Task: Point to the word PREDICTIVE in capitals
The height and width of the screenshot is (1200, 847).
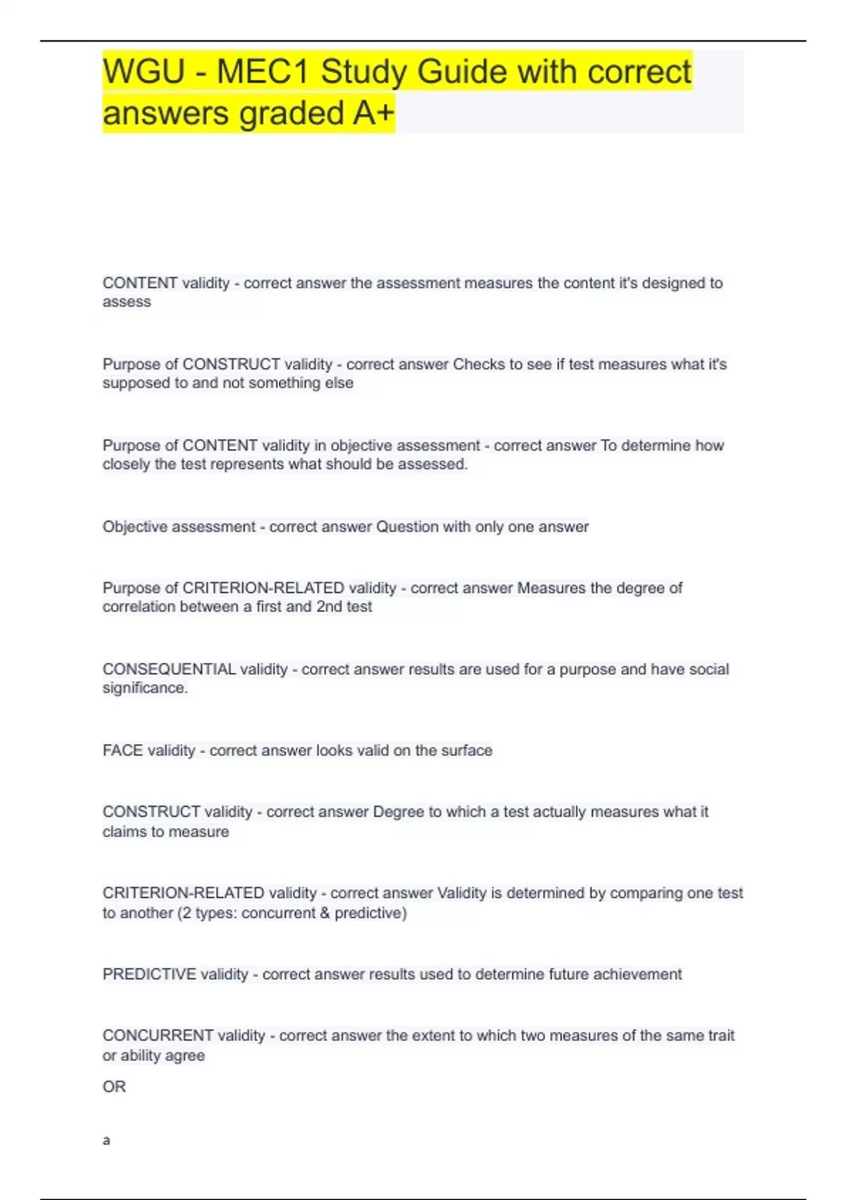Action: [149, 974]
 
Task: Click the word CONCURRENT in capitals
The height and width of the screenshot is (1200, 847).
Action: [157, 1036]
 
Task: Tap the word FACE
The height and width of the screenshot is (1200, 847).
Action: [123, 750]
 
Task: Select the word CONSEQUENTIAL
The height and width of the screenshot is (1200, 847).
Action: [169, 669]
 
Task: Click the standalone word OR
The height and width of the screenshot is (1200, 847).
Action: [114, 1086]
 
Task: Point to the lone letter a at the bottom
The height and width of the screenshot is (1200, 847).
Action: [107, 1140]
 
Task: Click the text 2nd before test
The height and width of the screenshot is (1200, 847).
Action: [329, 606]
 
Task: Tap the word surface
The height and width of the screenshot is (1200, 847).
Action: [467, 750]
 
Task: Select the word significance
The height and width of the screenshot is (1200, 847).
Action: [145, 688]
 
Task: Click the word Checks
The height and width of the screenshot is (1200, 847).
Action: [479, 364]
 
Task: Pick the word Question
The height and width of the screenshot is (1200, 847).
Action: [407, 527]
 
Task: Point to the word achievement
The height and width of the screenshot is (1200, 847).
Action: [637, 974]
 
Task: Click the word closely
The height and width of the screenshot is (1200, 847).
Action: [126, 464]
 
